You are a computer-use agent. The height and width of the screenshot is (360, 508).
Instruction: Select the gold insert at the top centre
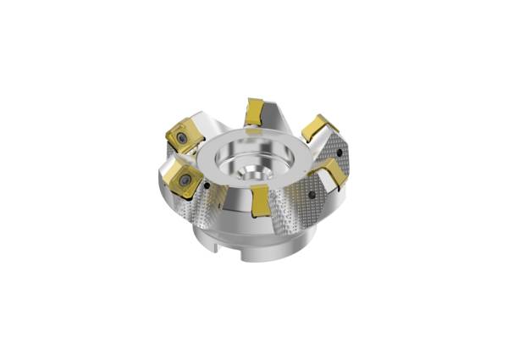pos(254,112)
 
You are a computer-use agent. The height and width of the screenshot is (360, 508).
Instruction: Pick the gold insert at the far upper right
pos(318,128)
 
